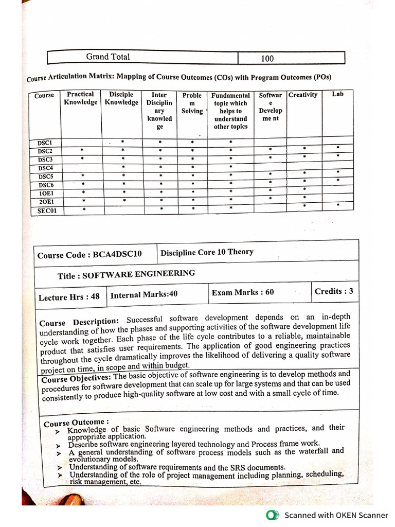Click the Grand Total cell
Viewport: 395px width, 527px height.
click(x=108, y=57)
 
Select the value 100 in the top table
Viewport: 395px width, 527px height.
click(x=267, y=59)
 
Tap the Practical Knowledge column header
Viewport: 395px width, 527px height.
click(x=80, y=98)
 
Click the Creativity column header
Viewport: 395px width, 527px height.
click(x=303, y=95)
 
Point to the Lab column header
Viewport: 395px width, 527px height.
click(x=337, y=94)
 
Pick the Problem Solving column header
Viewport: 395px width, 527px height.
click(x=192, y=103)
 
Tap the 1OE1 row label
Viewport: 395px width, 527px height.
click(x=46, y=194)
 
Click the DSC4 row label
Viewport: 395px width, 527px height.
click(x=46, y=168)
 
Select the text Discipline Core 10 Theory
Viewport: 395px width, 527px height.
click(x=207, y=252)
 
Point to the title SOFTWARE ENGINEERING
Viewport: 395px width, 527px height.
click(x=126, y=275)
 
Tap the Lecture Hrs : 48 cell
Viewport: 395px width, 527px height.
click(x=69, y=297)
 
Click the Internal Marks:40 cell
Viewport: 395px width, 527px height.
click(x=144, y=294)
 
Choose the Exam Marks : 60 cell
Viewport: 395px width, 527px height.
click(x=243, y=292)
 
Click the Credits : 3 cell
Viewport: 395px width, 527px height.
click(x=334, y=291)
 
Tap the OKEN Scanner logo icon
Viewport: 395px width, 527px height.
click(x=273, y=515)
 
